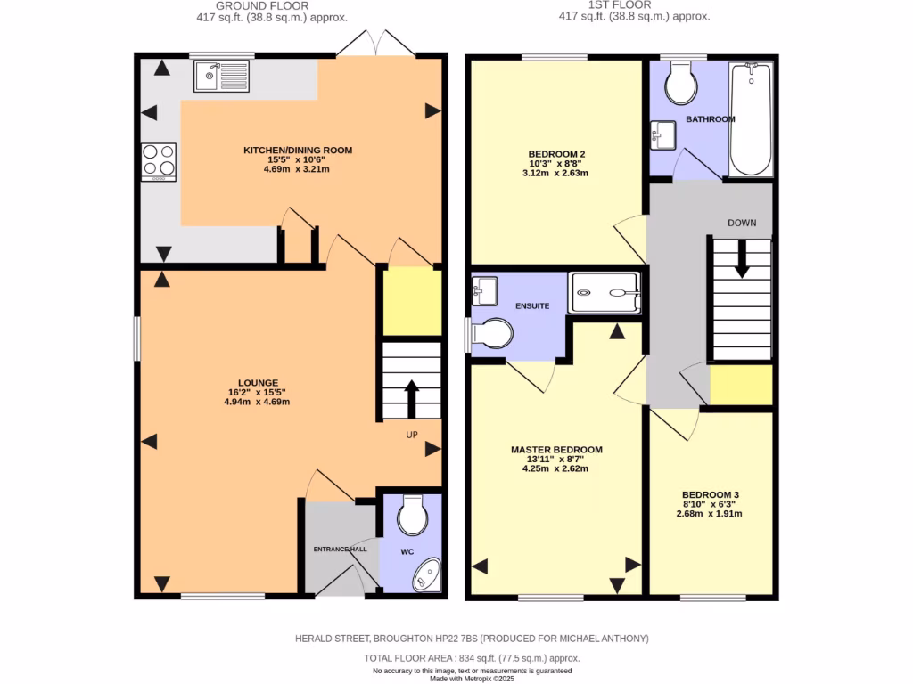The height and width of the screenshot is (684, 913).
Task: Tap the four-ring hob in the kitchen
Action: click(158, 161)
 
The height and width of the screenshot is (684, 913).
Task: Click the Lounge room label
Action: click(259, 383)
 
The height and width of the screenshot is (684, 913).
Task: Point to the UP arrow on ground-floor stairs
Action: click(412, 399)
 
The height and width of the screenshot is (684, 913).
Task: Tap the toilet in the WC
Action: click(413, 515)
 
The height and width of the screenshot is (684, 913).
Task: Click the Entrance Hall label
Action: click(340, 549)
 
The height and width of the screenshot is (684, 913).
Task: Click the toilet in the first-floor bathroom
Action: click(683, 82)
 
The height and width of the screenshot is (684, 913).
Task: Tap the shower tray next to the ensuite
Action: click(605, 292)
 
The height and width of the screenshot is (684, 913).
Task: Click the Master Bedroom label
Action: click(556, 450)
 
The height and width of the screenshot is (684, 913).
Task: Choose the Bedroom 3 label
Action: click(711, 495)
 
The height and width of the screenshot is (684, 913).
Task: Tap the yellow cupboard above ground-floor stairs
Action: click(412, 302)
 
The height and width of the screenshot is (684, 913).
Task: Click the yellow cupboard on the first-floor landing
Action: click(740, 385)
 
